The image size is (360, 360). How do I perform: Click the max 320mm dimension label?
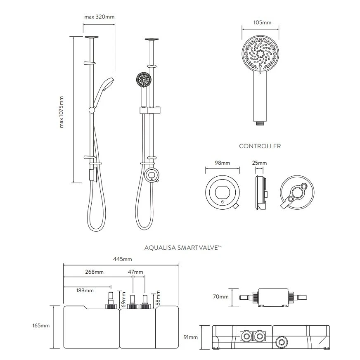tap(99, 17)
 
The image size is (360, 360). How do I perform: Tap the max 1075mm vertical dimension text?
tap(62, 111)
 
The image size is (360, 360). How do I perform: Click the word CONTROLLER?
tap(260, 146)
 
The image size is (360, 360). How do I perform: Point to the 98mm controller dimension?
tap(223, 163)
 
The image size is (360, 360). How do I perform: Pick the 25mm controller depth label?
tap(260, 163)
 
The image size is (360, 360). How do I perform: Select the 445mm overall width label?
tap(123, 259)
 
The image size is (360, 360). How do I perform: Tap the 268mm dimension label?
tap(95, 272)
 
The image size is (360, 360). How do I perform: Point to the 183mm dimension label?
tap(85, 290)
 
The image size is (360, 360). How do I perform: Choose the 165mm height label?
tap(40, 326)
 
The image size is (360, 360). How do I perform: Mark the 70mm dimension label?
tap(220, 297)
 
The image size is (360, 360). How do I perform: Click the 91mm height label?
tap(191, 337)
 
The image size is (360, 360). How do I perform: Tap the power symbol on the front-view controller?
tap(223, 201)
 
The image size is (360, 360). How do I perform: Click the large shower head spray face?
tap(260, 53)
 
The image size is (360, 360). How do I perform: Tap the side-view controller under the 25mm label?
tap(260, 193)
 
